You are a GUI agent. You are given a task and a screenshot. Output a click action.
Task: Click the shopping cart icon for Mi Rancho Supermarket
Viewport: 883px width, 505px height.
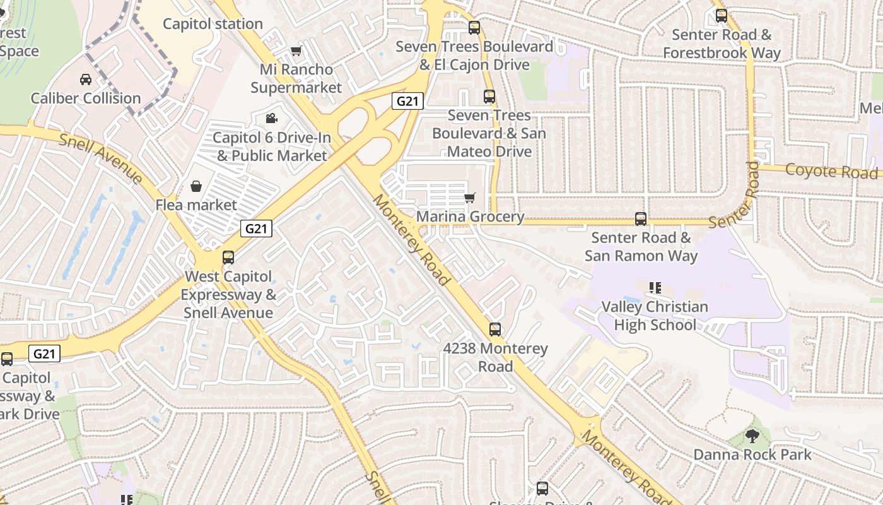(296, 50)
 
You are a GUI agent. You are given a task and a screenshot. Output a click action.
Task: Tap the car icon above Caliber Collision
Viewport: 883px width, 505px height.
(86, 80)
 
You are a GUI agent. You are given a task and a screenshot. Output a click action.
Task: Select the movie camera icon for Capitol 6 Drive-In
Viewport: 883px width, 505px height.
(271, 118)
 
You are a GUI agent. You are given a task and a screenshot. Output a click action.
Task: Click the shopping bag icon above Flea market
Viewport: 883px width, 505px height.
(196, 186)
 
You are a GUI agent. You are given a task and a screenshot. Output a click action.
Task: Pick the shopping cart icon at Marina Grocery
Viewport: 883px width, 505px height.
(469, 198)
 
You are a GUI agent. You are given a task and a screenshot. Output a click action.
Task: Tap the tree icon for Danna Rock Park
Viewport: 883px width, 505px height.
(752, 435)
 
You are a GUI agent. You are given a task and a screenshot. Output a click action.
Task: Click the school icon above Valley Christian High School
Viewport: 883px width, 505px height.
(655, 288)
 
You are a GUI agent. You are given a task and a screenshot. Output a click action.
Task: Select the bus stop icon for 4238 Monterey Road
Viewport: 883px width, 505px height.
(495, 329)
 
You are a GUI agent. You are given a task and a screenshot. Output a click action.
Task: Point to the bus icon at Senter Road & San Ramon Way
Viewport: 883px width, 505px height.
(641, 219)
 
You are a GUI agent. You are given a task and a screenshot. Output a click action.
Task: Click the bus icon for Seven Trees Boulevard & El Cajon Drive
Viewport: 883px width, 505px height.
(474, 28)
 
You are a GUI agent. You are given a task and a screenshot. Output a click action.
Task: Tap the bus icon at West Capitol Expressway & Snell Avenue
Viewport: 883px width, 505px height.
(228, 258)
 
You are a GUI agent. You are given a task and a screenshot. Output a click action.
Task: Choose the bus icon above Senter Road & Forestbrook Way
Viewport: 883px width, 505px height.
(722, 16)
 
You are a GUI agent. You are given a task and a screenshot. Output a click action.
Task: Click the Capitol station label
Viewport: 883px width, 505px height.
(213, 24)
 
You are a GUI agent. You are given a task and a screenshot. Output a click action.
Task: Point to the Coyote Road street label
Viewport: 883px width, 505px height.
(831, 171)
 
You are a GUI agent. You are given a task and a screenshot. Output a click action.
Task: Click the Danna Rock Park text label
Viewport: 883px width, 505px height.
(752, 454)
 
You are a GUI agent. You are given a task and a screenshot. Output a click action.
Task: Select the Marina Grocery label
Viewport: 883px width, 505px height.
(471, 217)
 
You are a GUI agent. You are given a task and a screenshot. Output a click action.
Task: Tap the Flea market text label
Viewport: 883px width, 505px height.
(196, 205)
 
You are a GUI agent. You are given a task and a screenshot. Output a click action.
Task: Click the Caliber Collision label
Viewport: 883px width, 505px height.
(86, 98)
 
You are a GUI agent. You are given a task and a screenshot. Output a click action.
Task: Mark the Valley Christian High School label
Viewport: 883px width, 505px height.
(655, 316)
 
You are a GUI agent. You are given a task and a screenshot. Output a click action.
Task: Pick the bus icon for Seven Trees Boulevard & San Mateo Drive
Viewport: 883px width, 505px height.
(489, 97)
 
